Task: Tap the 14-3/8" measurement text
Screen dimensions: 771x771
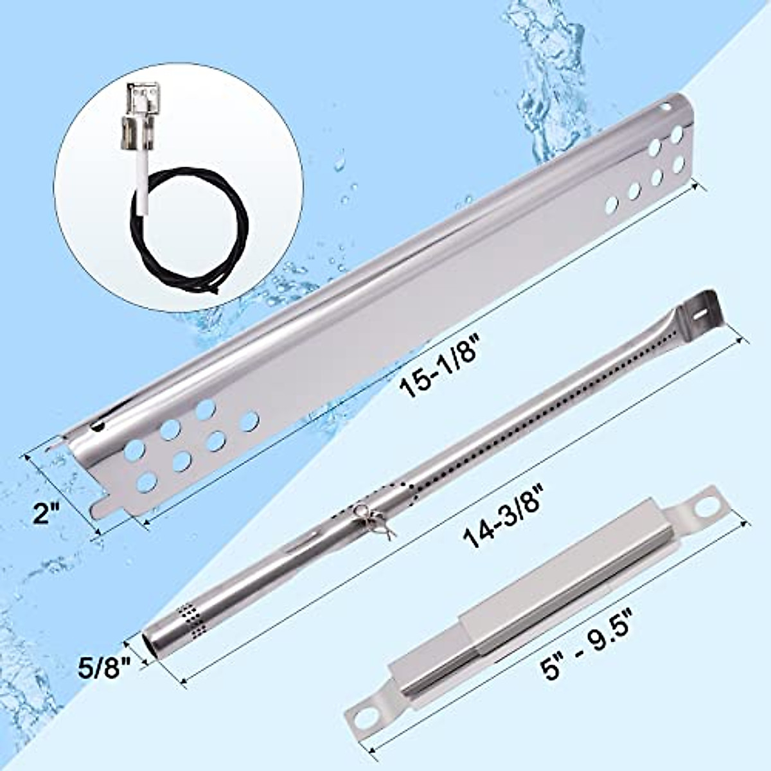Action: [508, 519]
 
